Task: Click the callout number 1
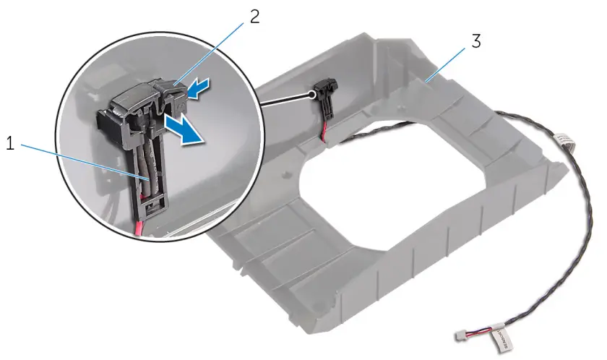coord(11,144)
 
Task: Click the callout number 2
coord(254,17)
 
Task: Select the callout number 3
coord(475,41)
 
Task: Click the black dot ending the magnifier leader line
coord(311,93)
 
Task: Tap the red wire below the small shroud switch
coord(328,134)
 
